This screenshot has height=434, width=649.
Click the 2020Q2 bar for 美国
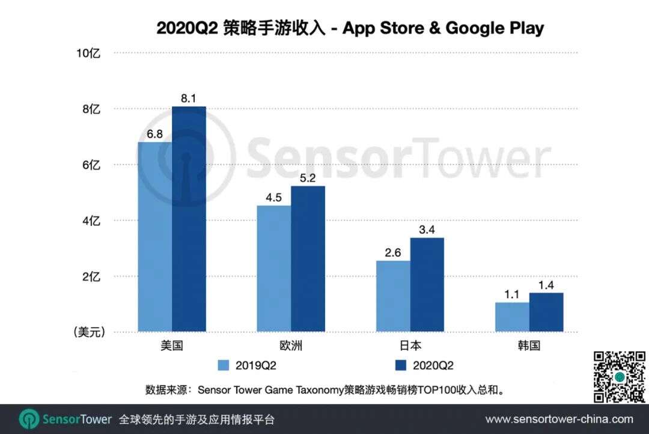point(189,219)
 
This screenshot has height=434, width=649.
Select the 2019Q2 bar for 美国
point(154,237)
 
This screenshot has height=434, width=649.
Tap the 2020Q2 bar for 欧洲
point(308,258)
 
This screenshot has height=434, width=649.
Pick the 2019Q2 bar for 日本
point(393,296)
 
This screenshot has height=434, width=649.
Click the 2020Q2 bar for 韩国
point(546,312)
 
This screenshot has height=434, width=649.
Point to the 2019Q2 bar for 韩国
point(512,317)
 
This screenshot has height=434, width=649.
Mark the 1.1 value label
point(512,294)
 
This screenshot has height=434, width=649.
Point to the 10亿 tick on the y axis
point(88,53)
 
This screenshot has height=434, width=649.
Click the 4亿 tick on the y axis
point(91,221)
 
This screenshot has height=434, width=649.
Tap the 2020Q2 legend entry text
point(433,365)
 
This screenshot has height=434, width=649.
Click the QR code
point(619,377)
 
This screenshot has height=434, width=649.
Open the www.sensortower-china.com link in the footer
point(559,419)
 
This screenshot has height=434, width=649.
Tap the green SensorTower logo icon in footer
point(29,419)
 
